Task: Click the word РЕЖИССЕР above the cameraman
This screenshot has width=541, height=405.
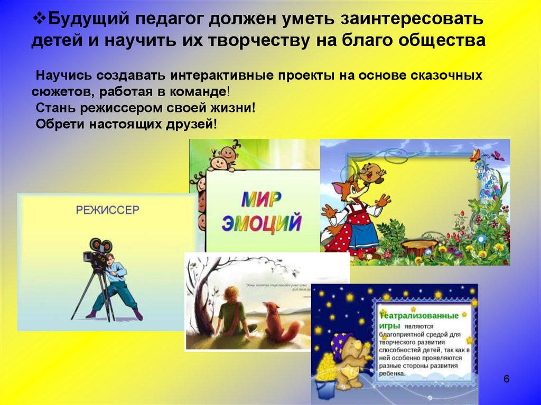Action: click(107, 210)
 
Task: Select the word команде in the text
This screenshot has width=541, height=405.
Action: click(198, 91)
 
